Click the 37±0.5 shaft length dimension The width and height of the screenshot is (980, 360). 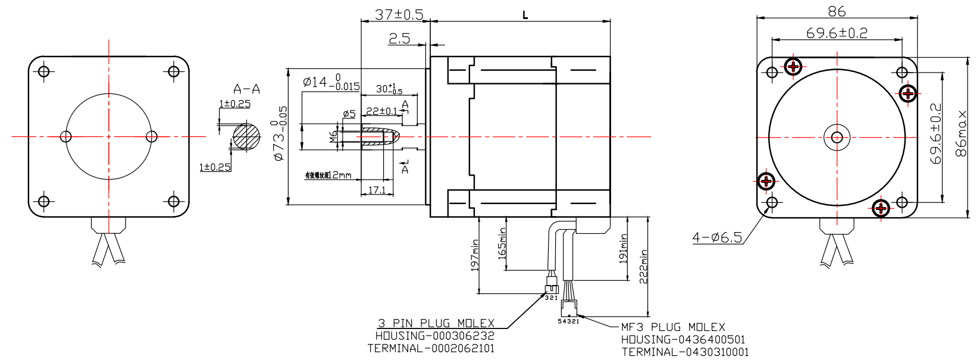click(399, 14)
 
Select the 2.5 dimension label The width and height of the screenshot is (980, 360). click(399, 39)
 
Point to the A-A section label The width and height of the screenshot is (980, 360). click(246, 89)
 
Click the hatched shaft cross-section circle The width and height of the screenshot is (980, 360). click(246, 136)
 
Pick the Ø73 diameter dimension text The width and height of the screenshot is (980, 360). click(279, 133)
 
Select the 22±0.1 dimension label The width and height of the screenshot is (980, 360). click(381, 111)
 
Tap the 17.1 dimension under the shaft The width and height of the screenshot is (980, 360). click(377, 190)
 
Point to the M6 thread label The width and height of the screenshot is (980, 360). click(333, 137)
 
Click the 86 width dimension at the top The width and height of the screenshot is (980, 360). click(837, 11)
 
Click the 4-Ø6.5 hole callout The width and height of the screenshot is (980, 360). click(717, 238)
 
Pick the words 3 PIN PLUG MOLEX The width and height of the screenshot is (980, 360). click(436, 323)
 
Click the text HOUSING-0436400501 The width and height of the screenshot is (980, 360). click(683, 340)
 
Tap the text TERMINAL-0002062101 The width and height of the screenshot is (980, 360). click(431, 349)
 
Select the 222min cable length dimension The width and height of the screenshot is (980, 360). click(643, 266)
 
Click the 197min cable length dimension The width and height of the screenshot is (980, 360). click(475, 255)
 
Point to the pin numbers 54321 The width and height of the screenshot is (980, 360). click(568, 321)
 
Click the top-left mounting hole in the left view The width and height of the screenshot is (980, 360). click(43, 71)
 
